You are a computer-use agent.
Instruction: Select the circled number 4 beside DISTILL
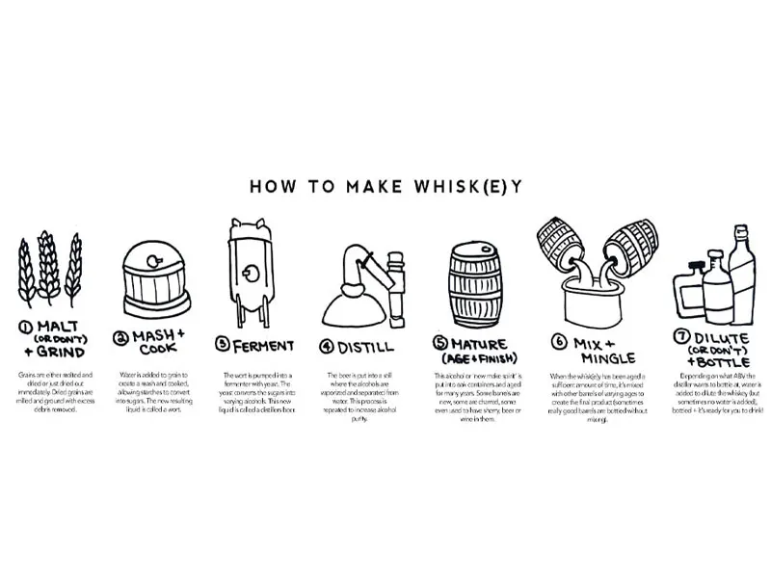point(327,344)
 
